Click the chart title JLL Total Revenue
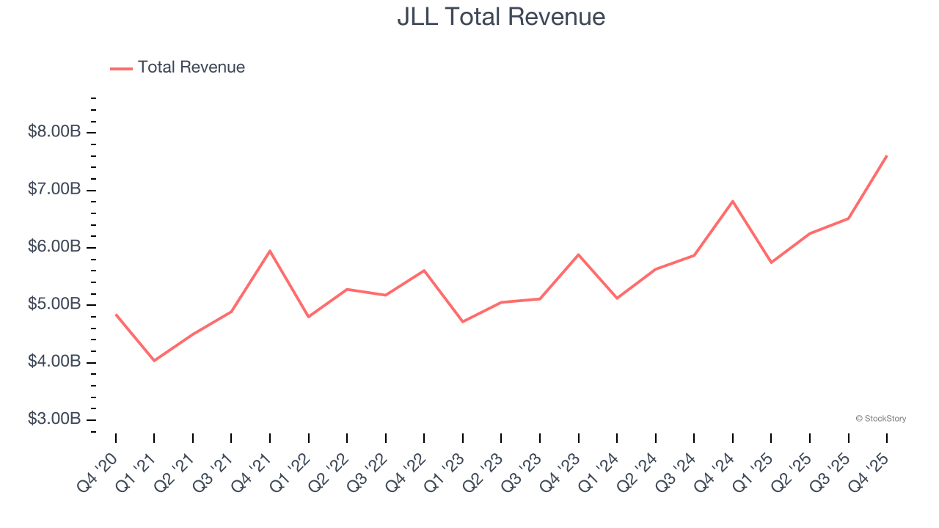pos(501,17)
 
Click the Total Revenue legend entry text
pos(191,67)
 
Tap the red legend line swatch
pos(121,68)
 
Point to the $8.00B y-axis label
pos(54,132)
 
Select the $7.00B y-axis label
pos(54,189)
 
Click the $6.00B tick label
pos(54,247)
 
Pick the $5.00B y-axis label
pos(54,304)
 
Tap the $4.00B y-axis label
pos(54,362)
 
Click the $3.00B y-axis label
pos(54,419)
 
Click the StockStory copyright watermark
pos(880,419)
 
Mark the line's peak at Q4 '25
pos(887,155)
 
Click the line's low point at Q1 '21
pos(154,361)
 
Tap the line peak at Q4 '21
pos(270,251)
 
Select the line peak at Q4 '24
pos(733,201)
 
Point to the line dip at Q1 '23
pos(463,322)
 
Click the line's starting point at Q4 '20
pos(116,315)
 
